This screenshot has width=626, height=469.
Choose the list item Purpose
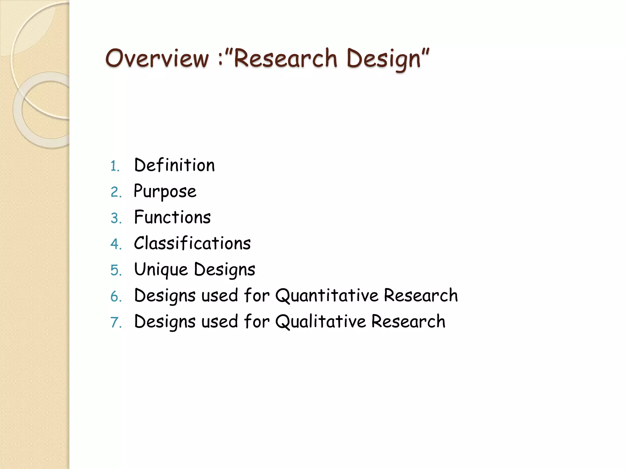tap(165, 192)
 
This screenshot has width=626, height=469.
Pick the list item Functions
tap(172, 217)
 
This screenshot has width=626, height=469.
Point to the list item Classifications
tap(192, 243)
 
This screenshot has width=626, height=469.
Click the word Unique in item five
tap(161, 270)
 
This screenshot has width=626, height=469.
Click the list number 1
tap(114, 166)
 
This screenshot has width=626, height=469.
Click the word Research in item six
tap(421, 295)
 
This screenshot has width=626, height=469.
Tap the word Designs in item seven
tap(165, 322)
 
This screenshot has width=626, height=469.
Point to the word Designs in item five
tap(225, 270)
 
